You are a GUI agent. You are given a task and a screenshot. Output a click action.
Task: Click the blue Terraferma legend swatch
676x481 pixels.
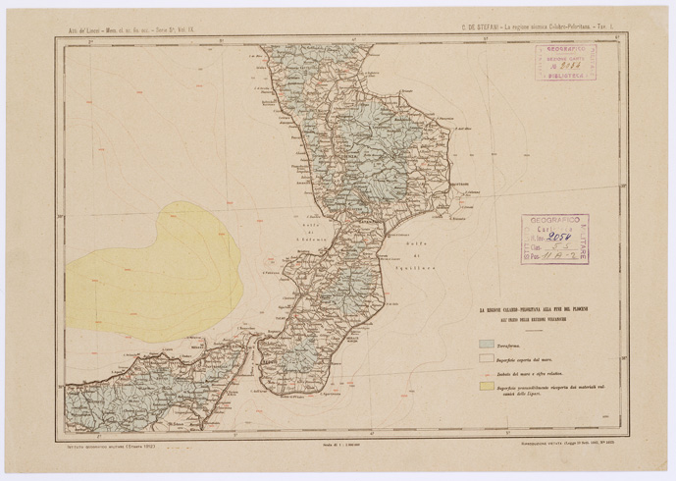(x=485, y=345)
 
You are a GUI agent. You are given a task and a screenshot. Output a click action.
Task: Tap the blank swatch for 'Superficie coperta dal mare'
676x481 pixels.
(x=485, y=360)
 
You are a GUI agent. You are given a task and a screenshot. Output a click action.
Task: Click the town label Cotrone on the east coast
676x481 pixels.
(x=460, y=184)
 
